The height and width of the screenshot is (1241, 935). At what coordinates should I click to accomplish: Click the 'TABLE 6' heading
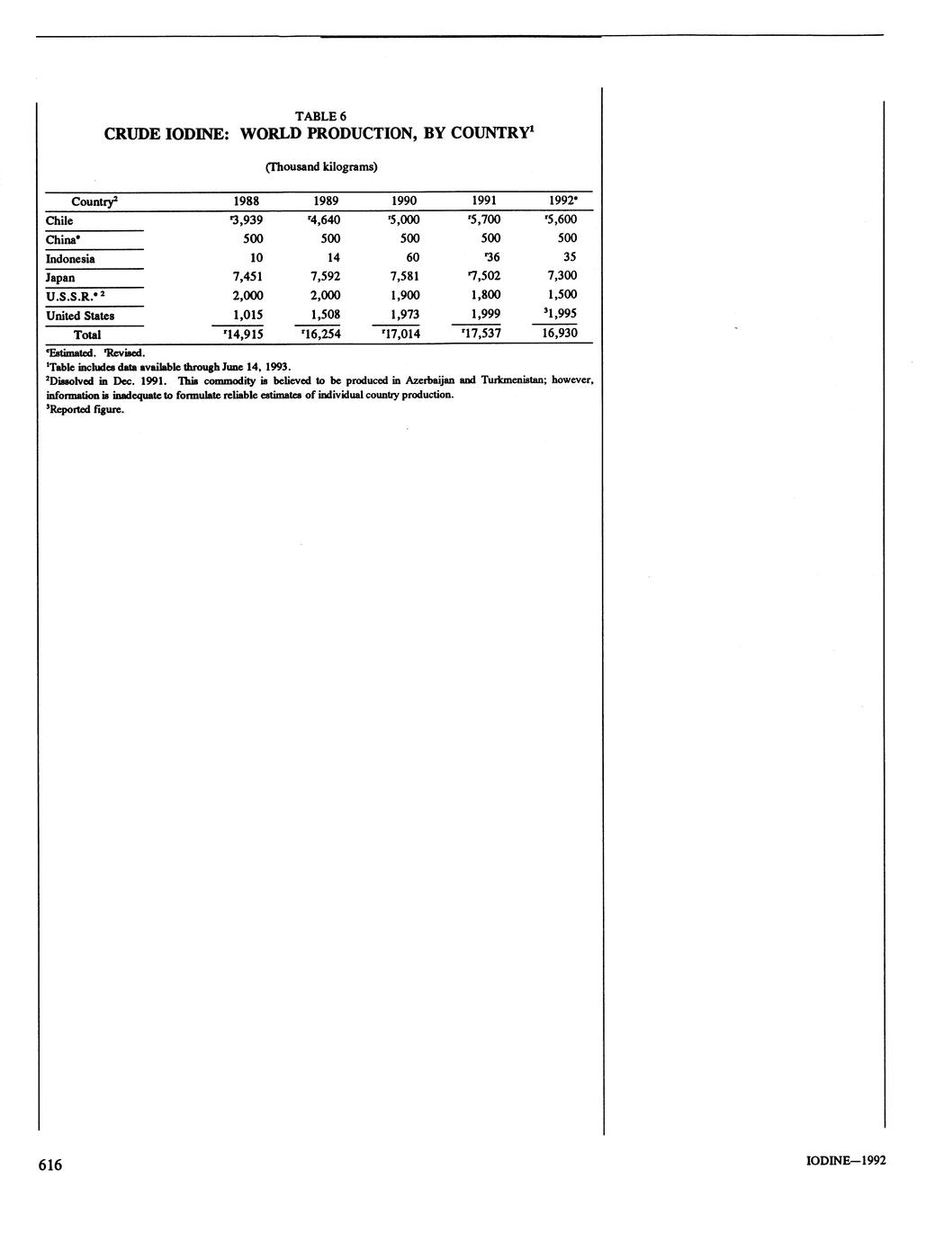(x=320, y=116)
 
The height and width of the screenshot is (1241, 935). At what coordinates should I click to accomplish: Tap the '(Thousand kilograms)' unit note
(x=320, y=167)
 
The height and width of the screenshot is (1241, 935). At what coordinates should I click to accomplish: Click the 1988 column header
(x=247, y=201)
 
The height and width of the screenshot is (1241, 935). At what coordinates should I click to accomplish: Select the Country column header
(x=94, y=201)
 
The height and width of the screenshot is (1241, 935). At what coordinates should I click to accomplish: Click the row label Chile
(x=59, y=220)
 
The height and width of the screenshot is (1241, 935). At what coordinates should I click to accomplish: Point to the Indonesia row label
(x=70, y=259)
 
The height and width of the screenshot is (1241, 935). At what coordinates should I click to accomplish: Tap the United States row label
(x=80, y=316)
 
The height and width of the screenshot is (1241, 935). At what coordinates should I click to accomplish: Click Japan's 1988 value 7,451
(x=247, y=277)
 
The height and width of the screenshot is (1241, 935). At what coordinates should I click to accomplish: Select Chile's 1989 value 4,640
(x=324, y=220)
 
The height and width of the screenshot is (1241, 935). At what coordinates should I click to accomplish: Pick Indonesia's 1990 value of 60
(x=412, y=258)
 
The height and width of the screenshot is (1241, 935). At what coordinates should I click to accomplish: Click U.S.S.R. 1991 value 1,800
(x=485, y=296)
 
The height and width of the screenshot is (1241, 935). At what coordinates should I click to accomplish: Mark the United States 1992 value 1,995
(x=560, y=314)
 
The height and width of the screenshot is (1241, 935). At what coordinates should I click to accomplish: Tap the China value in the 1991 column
(x=490, y=239)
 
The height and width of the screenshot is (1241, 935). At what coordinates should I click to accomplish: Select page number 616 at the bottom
(x=50, y=1165)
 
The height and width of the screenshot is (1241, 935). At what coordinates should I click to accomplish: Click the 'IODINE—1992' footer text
(x=846, y=1161)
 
